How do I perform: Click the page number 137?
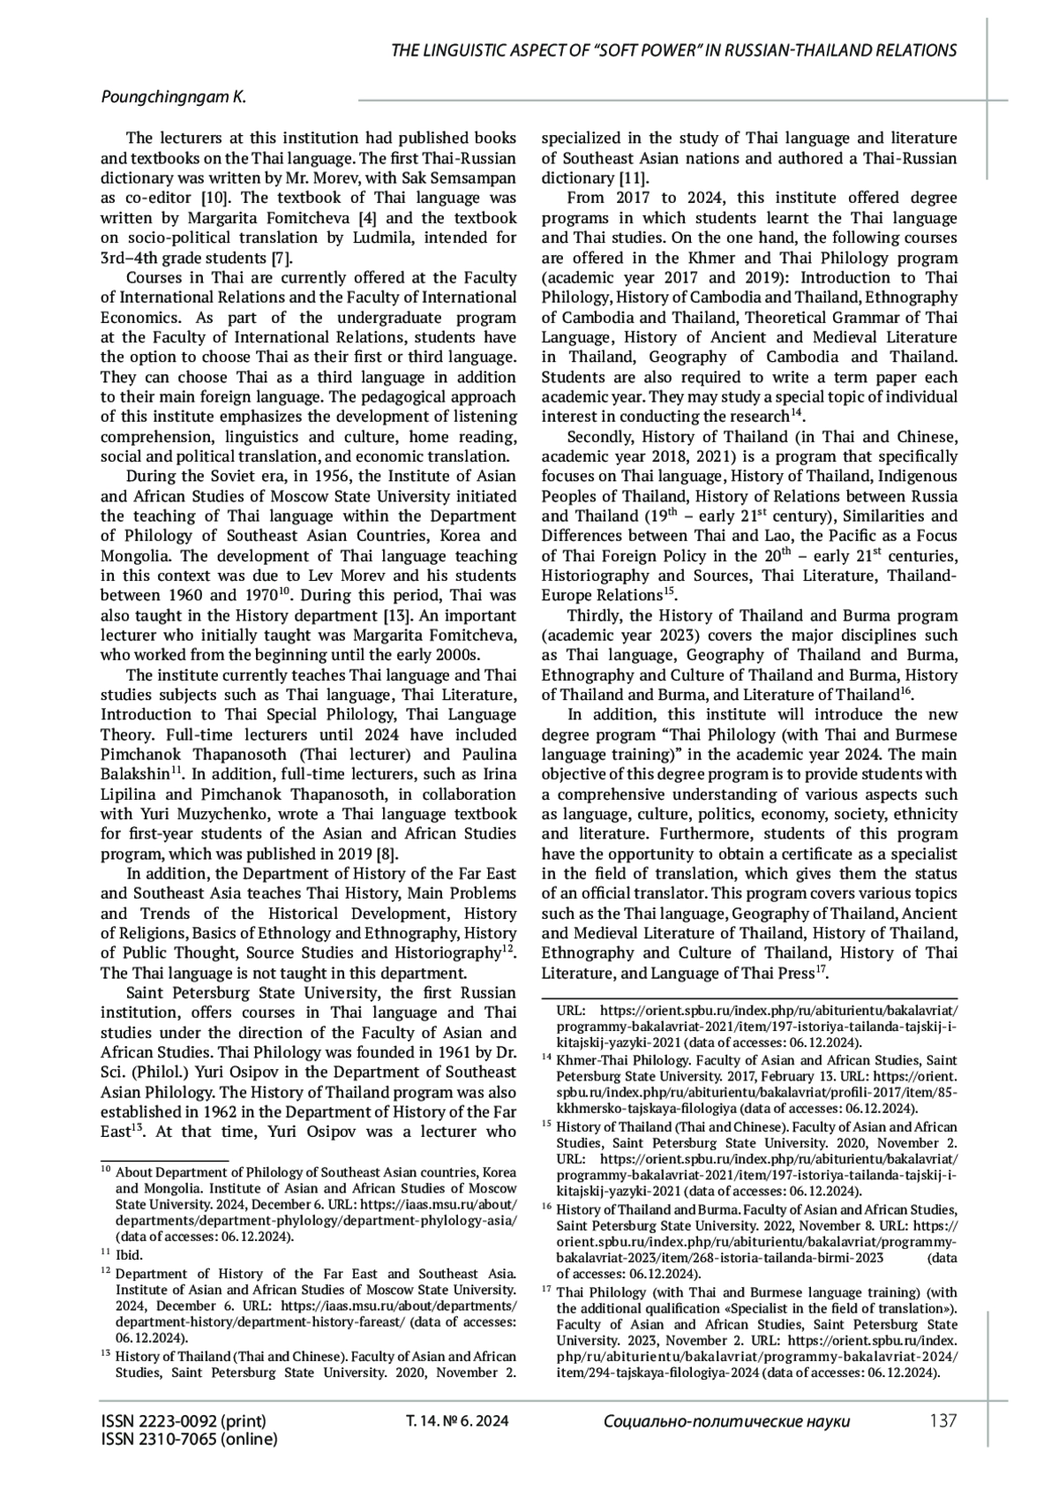(x=943, y=1421)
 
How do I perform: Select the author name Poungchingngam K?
(x=173, y=98)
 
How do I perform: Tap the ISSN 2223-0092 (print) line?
(x=184, y=1421)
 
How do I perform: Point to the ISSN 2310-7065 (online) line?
(x=189, y=1439)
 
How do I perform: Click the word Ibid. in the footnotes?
(x=129, y=1254)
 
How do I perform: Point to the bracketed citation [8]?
(x=387, y=854)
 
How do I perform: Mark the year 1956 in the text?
(x=321, y=477)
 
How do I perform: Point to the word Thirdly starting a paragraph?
(x=597, y=615)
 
